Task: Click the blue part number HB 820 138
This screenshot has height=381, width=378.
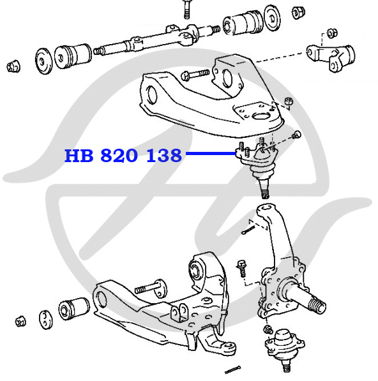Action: (x=123, y=155)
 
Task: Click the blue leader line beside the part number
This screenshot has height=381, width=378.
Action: (x=211, y=153)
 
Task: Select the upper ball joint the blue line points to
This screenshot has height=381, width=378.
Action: (x=258, y=166)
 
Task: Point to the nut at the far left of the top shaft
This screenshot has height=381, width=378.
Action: (x=13, y=66)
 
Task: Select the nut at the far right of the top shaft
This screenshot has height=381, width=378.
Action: (x=298, y=12)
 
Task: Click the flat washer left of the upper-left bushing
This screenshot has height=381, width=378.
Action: (x=44, y=61)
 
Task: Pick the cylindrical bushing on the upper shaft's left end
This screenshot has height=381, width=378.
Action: (x=73, y=56)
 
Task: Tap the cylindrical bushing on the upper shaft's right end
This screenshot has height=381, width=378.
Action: (x=243, y=22)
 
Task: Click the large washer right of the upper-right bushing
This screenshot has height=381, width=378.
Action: (x=272, y=18)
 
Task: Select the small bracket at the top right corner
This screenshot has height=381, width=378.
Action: (x=331, y=57)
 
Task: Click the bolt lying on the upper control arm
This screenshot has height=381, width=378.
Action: (x=195, y=75)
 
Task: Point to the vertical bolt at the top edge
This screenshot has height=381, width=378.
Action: (x=186, y=9)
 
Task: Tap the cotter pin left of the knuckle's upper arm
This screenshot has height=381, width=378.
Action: (x=248, y=230)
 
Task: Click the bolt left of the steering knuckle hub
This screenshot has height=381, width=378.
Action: (x=242, y=269)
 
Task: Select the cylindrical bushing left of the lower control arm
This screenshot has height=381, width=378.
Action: (x=74, y=309)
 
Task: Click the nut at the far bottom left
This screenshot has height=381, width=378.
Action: (x=20, y=322)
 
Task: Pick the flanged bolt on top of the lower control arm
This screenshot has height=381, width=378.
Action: (x=151, y=288)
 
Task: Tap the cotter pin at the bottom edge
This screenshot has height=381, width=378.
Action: (x=232, y=370)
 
